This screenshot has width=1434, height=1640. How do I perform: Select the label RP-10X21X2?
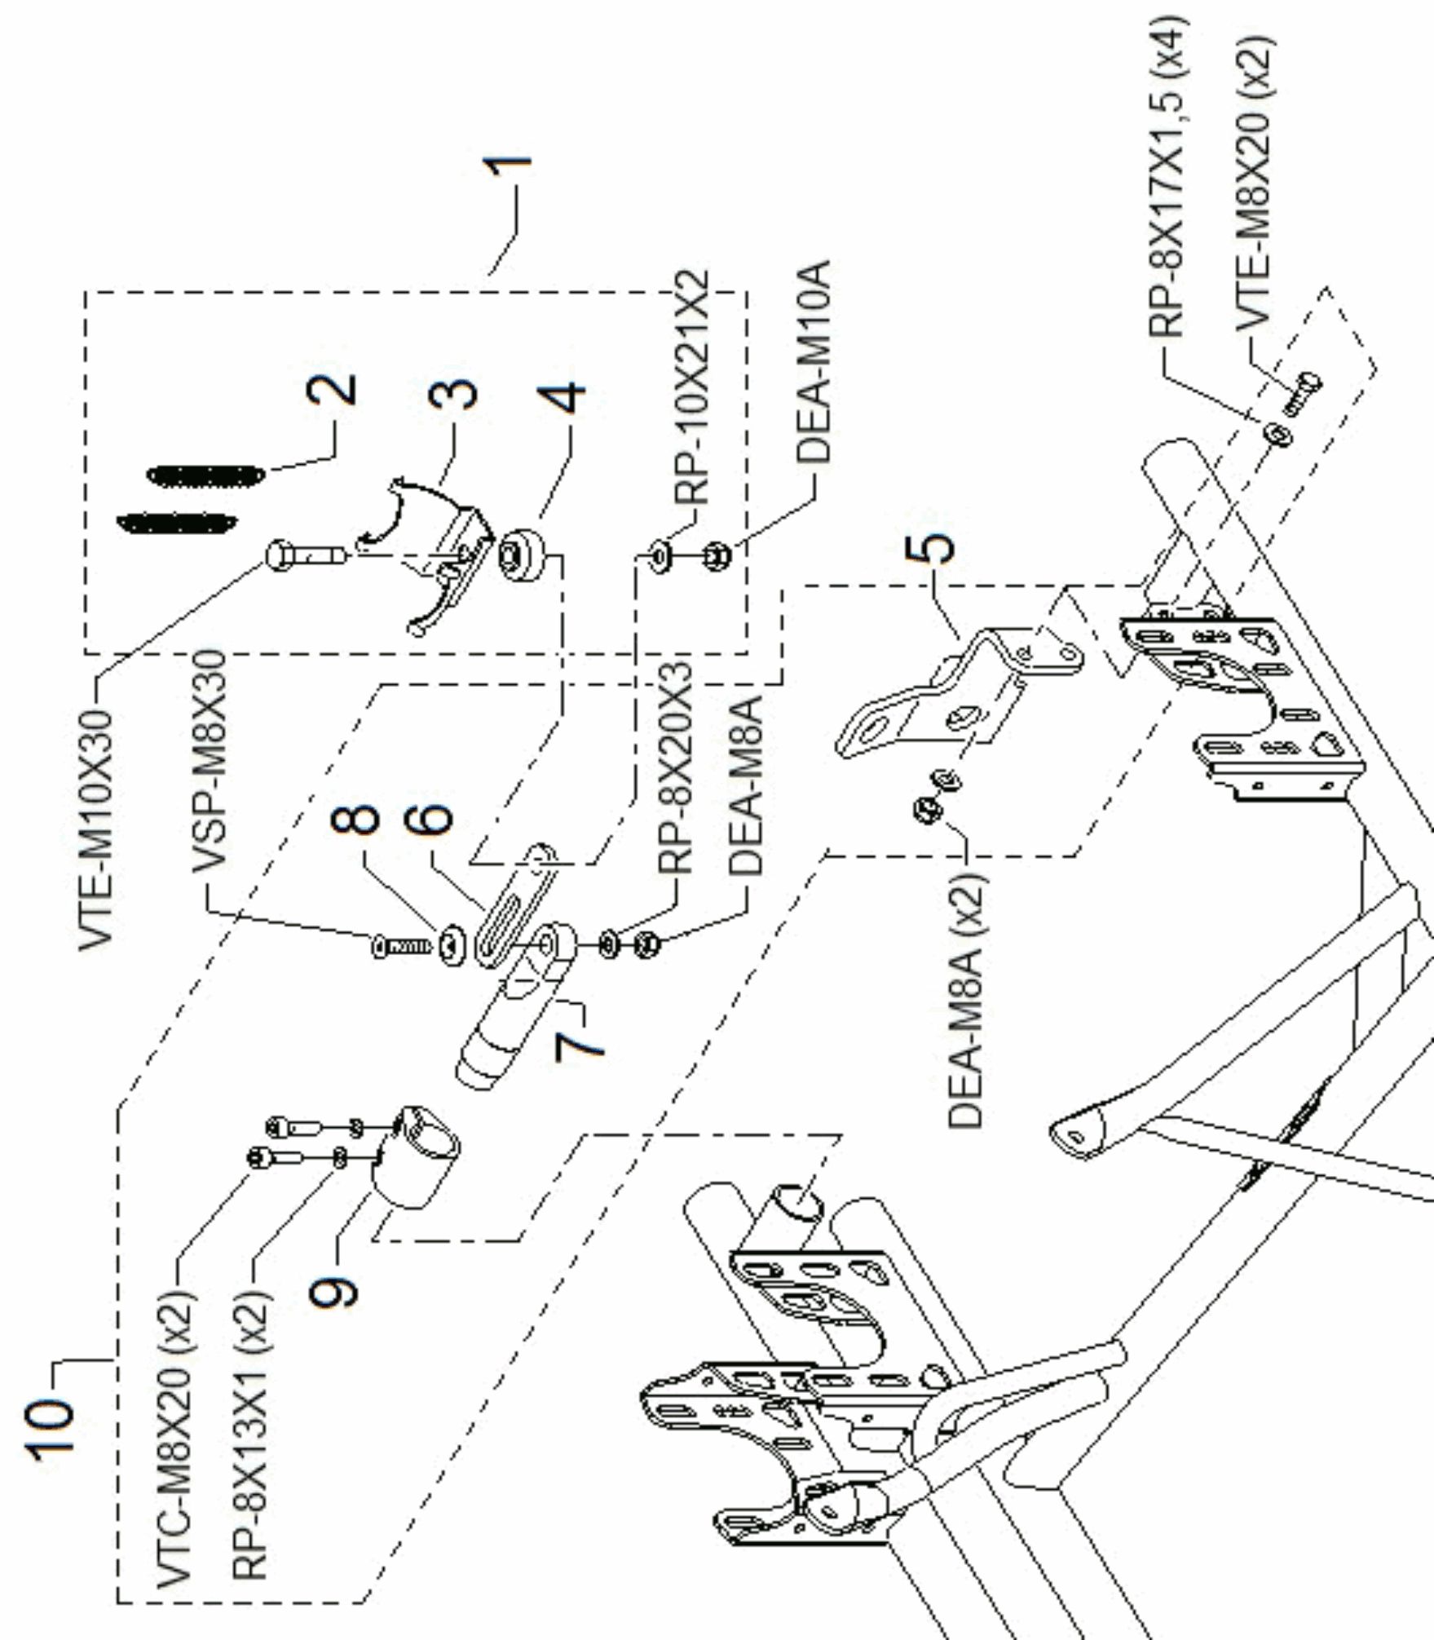[694, 387]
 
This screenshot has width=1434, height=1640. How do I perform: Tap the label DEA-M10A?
[813, 362]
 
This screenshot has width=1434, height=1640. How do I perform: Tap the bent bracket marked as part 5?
[962, 693]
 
